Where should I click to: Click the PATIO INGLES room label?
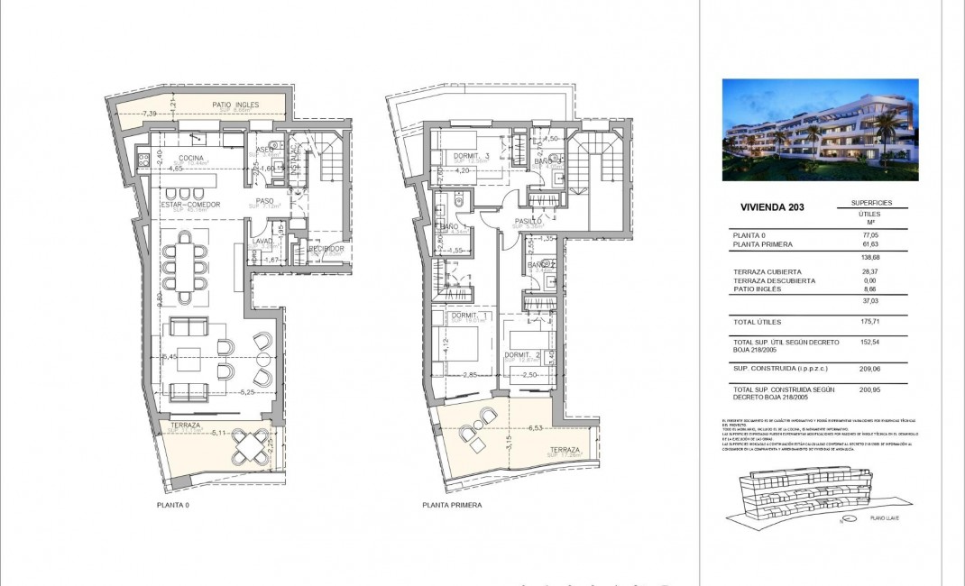235,105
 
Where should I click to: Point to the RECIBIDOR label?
326,249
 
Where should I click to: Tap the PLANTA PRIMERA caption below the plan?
452,506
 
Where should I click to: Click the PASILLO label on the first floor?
528,220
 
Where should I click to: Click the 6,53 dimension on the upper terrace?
538,428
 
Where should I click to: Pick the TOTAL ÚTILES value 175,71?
871,322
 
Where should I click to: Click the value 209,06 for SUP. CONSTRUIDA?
871,369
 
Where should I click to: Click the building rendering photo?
820,129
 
